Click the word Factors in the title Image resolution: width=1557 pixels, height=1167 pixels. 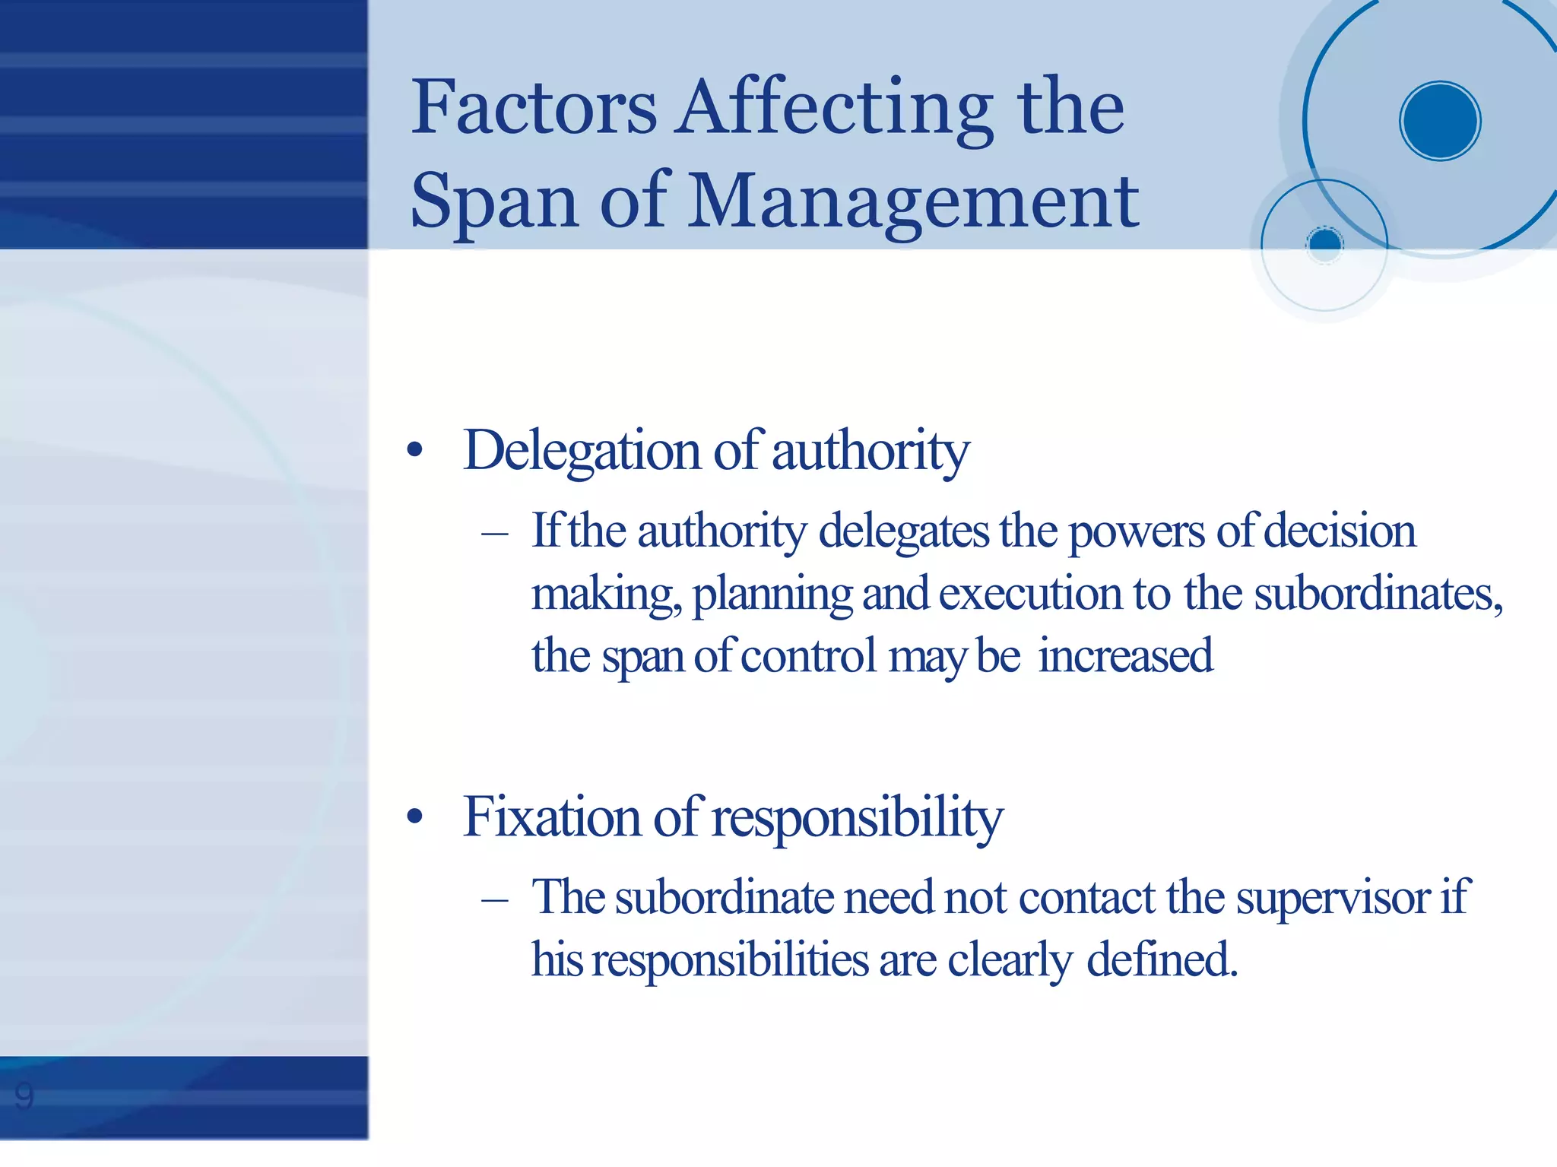(x=534, y=108)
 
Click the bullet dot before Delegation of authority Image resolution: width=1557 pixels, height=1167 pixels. (x=414, y=451)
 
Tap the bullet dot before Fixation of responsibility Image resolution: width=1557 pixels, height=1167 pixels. (x=414, y=817)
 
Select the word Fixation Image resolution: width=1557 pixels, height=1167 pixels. (x=552, y=817)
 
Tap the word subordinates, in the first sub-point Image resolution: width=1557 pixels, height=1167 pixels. (x=1378, y=595)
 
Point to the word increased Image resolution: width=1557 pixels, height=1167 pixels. (x=1125, y=656)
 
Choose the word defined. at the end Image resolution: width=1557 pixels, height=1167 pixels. (x=1162, y=960)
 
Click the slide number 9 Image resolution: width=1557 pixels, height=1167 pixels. (x=24, y=1096)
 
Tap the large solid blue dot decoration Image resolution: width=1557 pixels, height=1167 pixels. (x=1439, y=121)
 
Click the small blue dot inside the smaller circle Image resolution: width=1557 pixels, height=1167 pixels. (x=1325, y=243)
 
